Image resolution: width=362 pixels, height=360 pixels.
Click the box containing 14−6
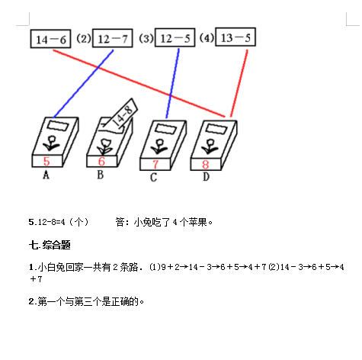click(50, 39)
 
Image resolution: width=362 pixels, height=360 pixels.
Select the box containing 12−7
click(113, 38)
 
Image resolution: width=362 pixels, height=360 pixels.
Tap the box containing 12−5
click(175, 37)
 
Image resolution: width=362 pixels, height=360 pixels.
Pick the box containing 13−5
click(235, 37)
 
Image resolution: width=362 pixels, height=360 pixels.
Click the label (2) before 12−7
click(84, 39)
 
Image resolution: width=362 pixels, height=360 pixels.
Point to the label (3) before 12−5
click(146, 38)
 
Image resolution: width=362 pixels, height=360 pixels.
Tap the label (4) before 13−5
click(207, 38)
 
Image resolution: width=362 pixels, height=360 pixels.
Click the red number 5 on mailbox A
click(46, 161)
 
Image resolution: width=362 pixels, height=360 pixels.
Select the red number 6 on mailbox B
click(101, 161)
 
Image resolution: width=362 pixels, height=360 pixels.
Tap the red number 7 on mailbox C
click(155, 164)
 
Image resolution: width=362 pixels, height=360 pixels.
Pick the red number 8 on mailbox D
click(206, 164)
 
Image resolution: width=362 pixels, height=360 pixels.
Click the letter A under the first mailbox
click(46, 175)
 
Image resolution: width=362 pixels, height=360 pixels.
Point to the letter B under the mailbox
click(101, 175)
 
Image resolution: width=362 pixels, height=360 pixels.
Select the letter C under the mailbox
click(153, 178)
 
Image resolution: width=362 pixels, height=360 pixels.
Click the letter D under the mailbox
click(206, 177)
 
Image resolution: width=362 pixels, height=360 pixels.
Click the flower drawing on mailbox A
click(52, 143)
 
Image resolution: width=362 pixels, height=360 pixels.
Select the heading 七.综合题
click(50, 245)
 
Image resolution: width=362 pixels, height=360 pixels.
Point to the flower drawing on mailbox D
click(210, 146)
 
